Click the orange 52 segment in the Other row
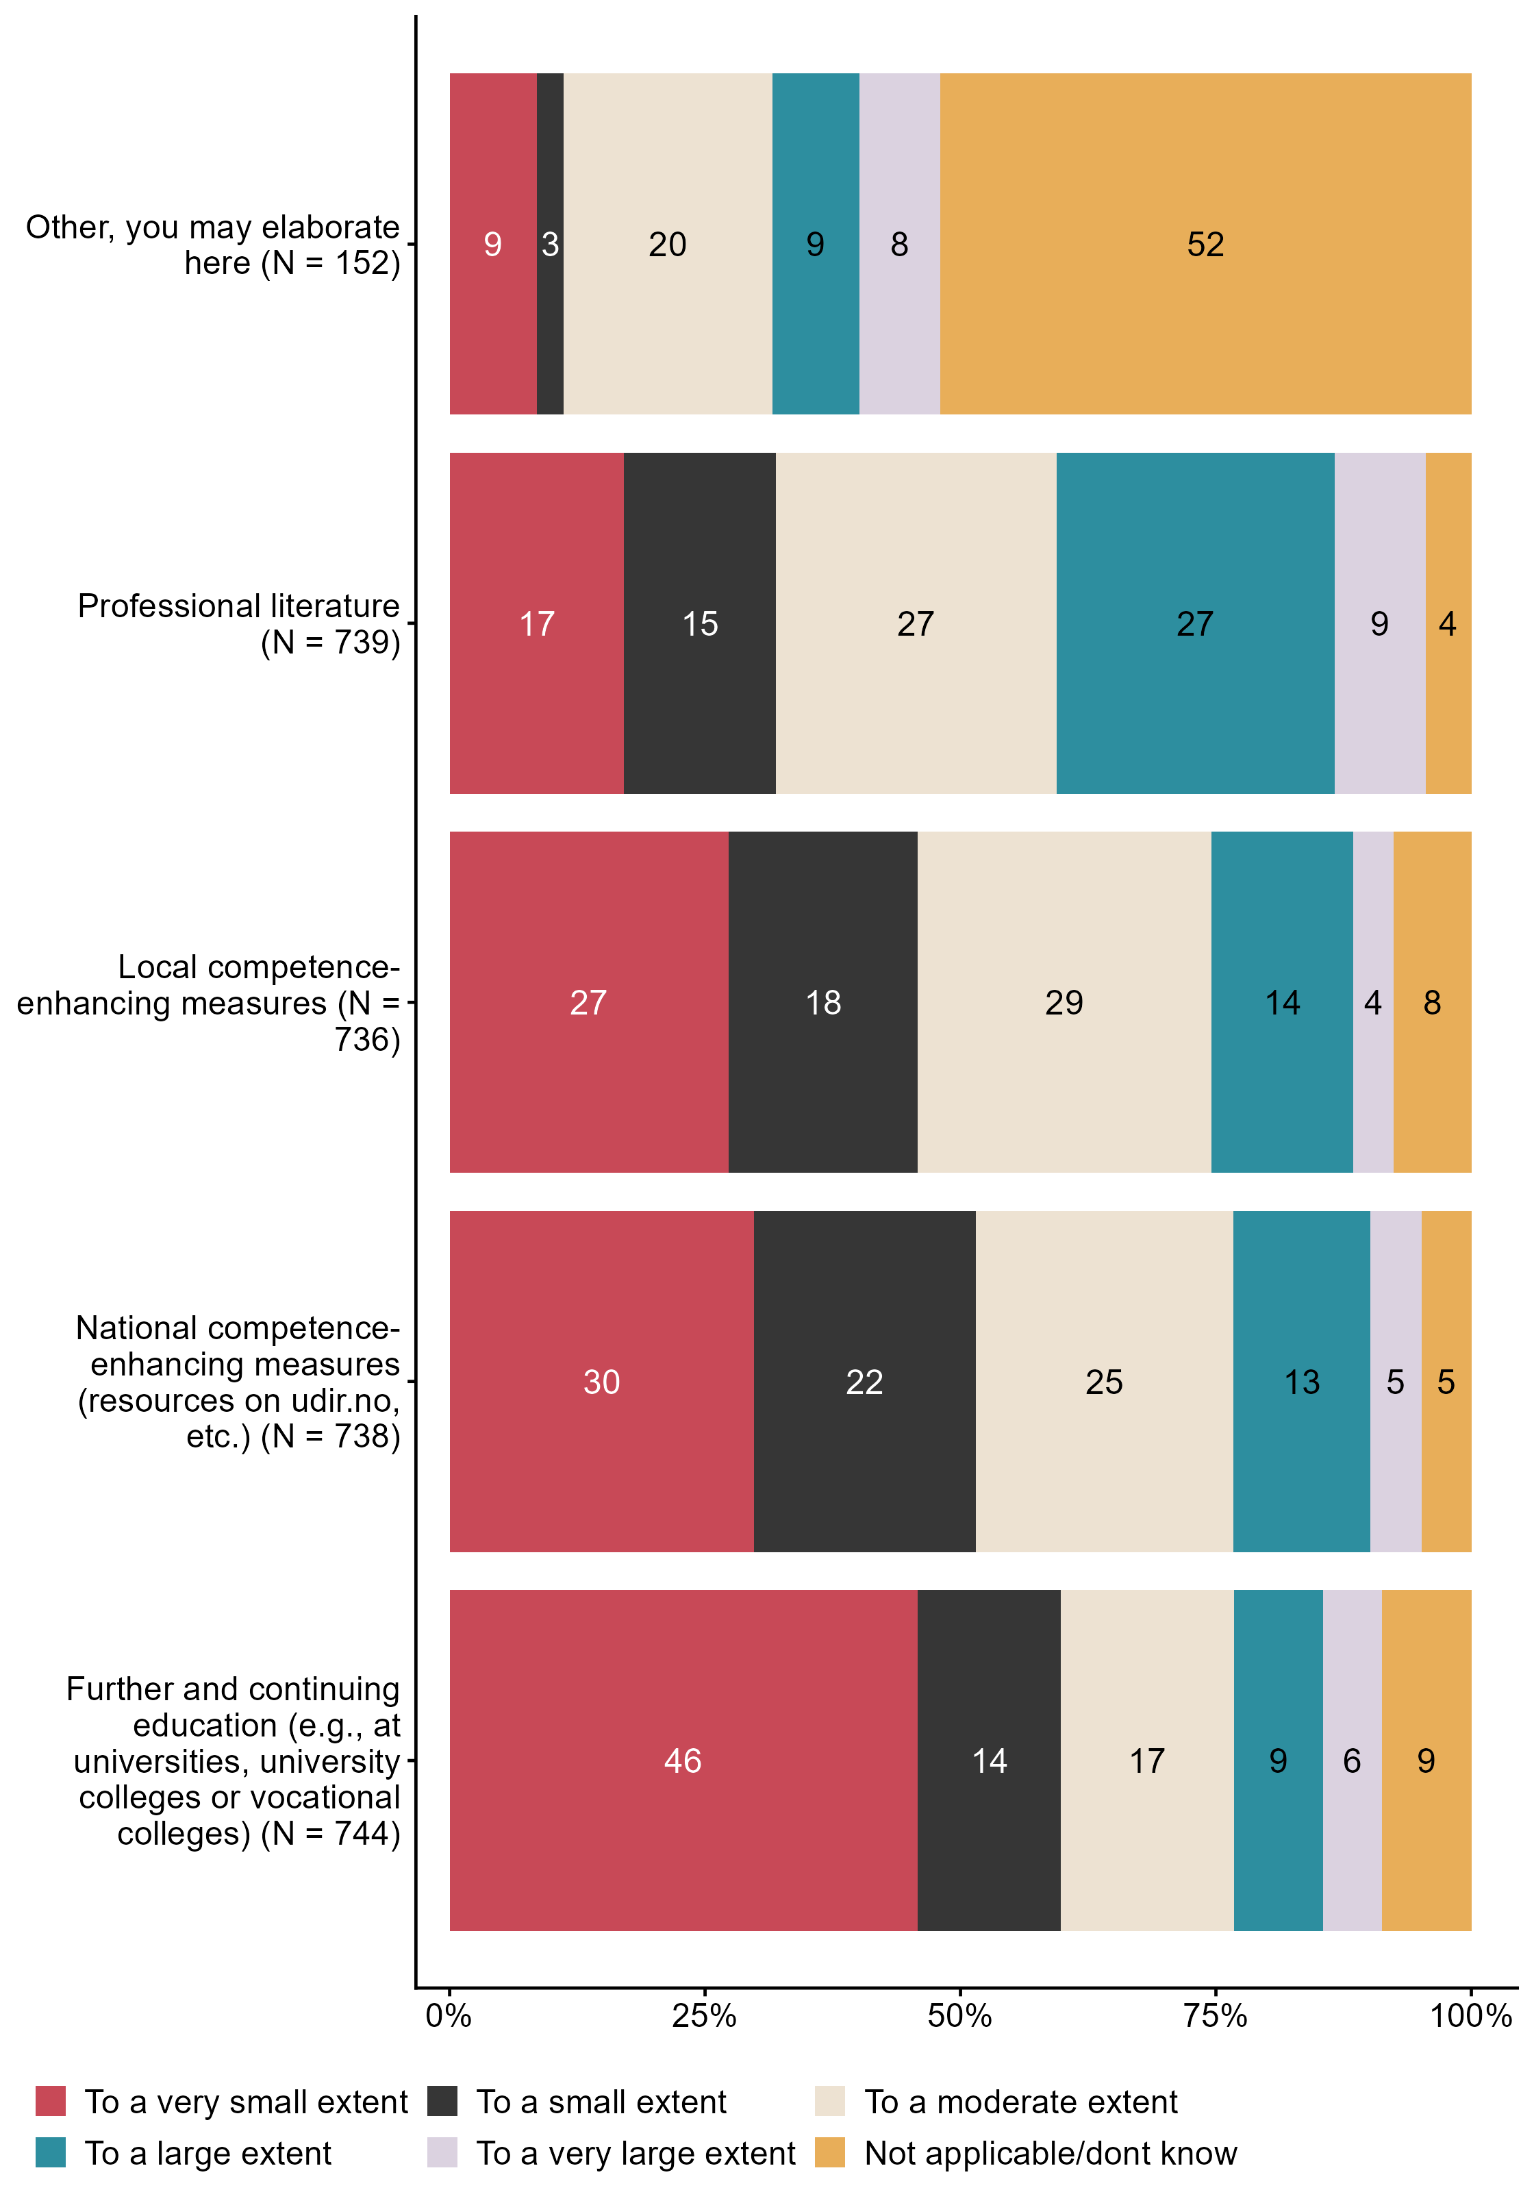pos(1205,244)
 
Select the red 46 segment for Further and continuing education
pos(683,1760)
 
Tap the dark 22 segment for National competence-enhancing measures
pos(864,1382)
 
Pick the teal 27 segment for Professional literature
pos(1195,623)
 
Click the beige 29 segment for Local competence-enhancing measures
pos(1064,1003)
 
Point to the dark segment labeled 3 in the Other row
pos(550,244)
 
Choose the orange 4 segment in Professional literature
pos(1448,623)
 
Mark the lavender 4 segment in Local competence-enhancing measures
pos(1373,1003)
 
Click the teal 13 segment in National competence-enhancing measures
pos(1302,1382)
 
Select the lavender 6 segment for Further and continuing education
pos(1352,1760)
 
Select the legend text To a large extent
pos(208,2152)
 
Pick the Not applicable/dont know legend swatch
pos(830,2152)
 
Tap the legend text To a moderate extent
pos(1021,2102)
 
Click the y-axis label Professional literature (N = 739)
pos(238,623)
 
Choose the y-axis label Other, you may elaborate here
pos(213,245)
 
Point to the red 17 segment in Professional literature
pos(537,623)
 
